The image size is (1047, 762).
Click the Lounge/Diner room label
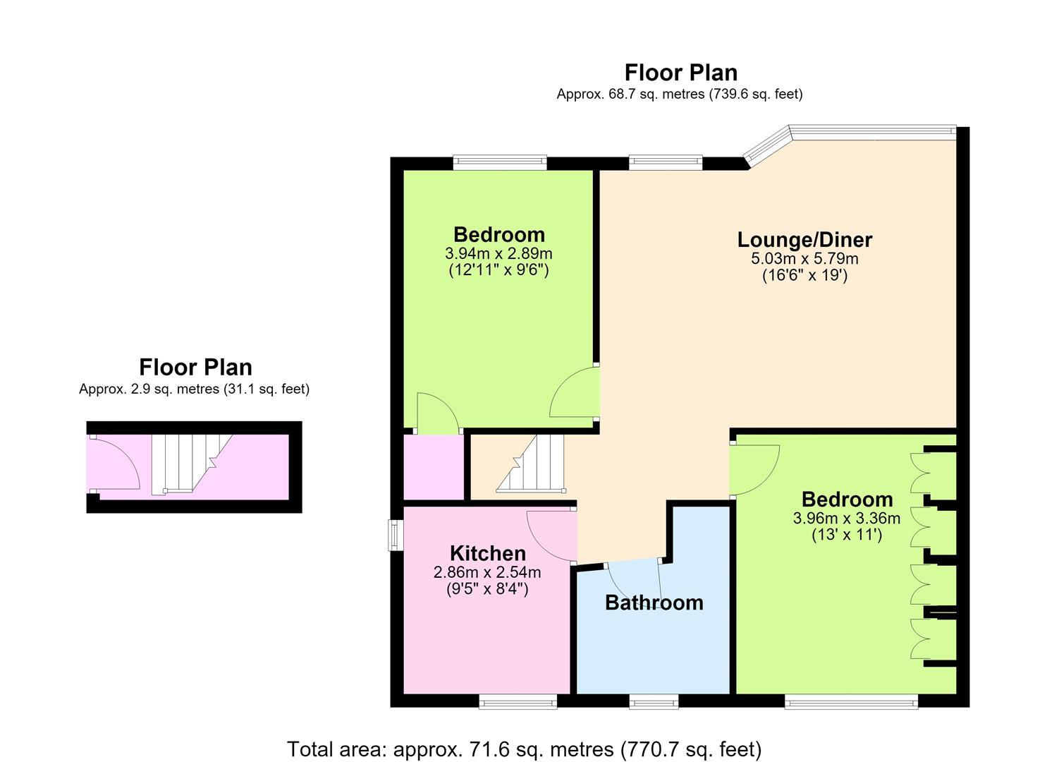click(804, 240)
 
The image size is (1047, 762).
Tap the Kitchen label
click(487, 553)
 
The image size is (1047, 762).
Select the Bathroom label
click(654, 603)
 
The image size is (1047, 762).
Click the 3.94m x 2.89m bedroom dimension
click(498, 253)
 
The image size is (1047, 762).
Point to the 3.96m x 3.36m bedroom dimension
click(847, 518)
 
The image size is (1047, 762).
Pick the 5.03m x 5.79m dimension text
click(804, 258)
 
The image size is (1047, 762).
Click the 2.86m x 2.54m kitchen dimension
click(487, 571)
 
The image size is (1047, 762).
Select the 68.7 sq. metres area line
click(680, 94)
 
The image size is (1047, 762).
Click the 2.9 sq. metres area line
click(194, 389)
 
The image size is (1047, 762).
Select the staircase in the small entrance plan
click(192, 463)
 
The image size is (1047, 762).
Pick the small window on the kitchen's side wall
click(396, 536)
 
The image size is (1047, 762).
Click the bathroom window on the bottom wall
click(654, 701)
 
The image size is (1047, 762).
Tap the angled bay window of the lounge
click(766, 147)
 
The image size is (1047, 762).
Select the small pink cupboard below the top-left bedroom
click(434, 467)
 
